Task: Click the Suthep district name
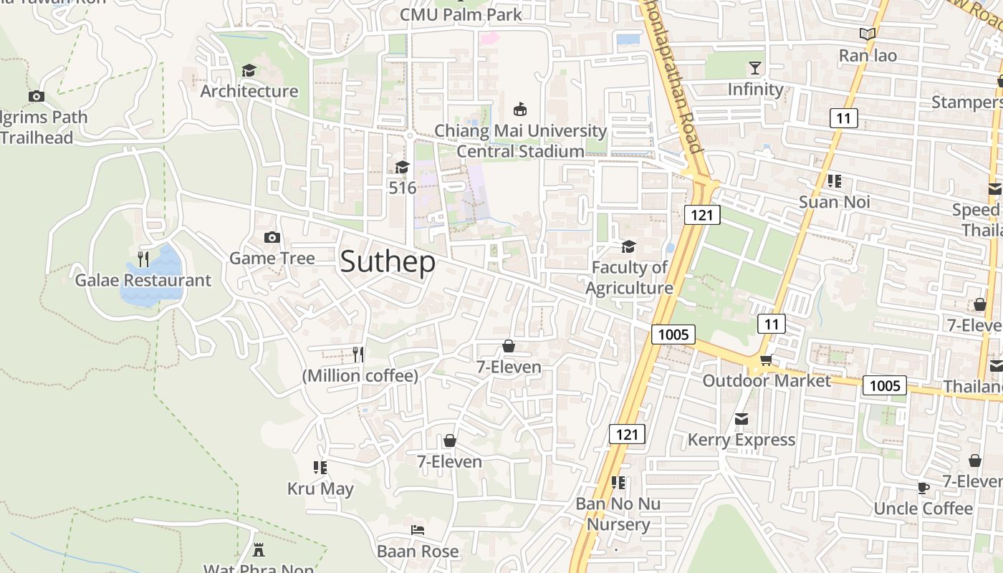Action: coord(388,262)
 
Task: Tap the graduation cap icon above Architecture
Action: coord(249,70)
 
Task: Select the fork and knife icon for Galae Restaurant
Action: coord(143,259)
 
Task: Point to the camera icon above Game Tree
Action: coord(272,237)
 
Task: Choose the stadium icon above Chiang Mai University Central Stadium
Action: coord(520,110)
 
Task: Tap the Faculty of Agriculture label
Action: coord(629,277)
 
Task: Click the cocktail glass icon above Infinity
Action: coord(755,68)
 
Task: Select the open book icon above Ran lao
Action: coord(868,34)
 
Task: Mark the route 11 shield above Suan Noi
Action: coord(843,117)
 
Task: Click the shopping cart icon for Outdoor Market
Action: coord(766,360)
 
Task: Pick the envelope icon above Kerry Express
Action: coord(742,418)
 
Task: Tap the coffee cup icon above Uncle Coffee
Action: coord(923,488)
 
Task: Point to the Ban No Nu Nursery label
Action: coord(618,514)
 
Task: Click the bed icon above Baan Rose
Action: coord(418,530)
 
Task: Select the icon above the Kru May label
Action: coord(320,468)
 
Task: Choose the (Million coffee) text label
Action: coord(360,376)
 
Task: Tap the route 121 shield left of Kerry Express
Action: coord(627,434)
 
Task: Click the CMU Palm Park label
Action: coord(461,14)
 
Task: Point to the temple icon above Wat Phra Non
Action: coord(259,549)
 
